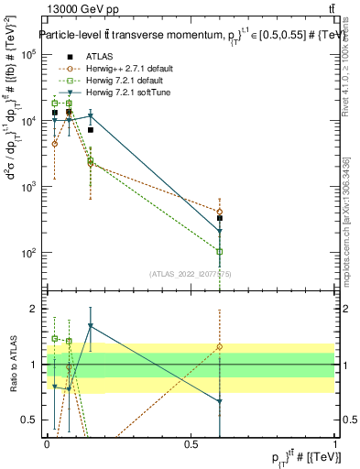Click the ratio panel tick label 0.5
pyautogui.click(x=29, y=420)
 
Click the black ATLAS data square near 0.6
pyautogui.click(x=220, y=218)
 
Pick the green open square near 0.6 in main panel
pyautogui.click(x=220, y=251)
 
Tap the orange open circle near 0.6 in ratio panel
pyautogui.click(x=220, y=347)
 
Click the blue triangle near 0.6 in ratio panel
pyautogui.click(x=220, y=401)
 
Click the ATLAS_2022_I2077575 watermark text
pyautogui.click(x=191, y=272)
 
